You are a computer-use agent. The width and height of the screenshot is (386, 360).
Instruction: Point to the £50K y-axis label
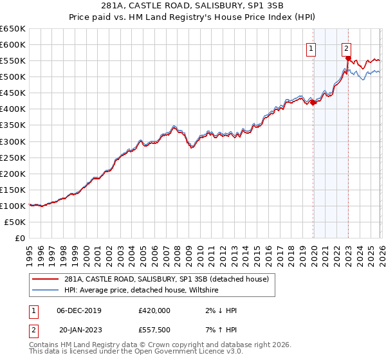click(x=14, y=222)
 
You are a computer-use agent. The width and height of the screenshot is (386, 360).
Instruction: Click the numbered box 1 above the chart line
click(x=311, y=48)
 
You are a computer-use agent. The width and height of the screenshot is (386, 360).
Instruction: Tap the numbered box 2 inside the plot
click(x=346, y=48)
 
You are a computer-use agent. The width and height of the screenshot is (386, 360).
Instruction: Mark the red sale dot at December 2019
click(x=313, y=102)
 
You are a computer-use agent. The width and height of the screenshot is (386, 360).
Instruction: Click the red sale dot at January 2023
click(x=348, y=58)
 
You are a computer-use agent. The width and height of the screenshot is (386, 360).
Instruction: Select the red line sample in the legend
click(x=45, y=279)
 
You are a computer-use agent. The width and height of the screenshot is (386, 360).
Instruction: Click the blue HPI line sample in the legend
click(x=45, y=291)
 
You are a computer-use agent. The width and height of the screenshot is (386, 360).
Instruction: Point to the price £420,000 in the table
click(x=154, y=310)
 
